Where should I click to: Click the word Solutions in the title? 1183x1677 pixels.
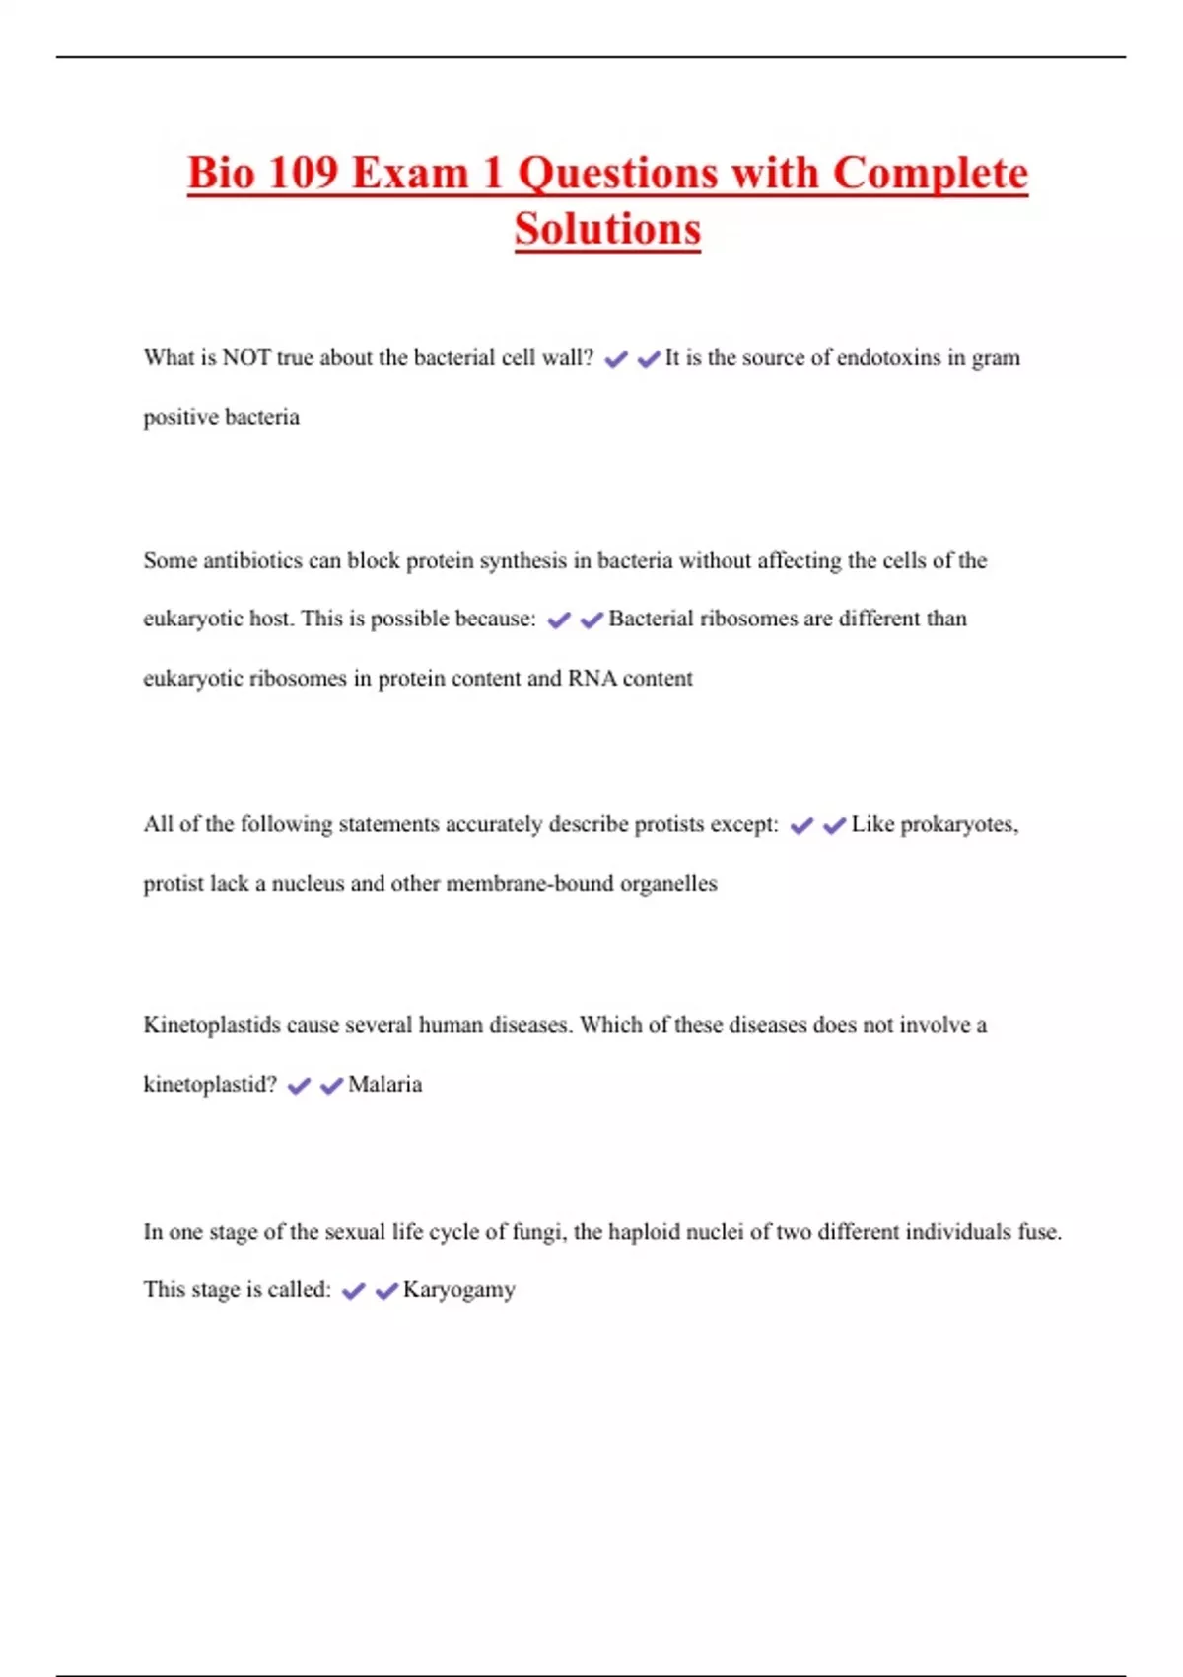607,229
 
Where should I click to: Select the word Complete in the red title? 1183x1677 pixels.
930,174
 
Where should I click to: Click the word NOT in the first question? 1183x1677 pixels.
246,358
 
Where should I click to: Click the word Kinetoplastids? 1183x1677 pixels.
212,1025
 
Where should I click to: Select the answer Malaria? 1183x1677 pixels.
385,1085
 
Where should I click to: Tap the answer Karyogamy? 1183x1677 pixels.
459,1290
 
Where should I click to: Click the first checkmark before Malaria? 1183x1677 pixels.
299,1086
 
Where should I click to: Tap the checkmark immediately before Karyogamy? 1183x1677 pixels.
386,1291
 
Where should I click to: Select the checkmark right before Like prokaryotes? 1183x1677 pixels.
834,825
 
